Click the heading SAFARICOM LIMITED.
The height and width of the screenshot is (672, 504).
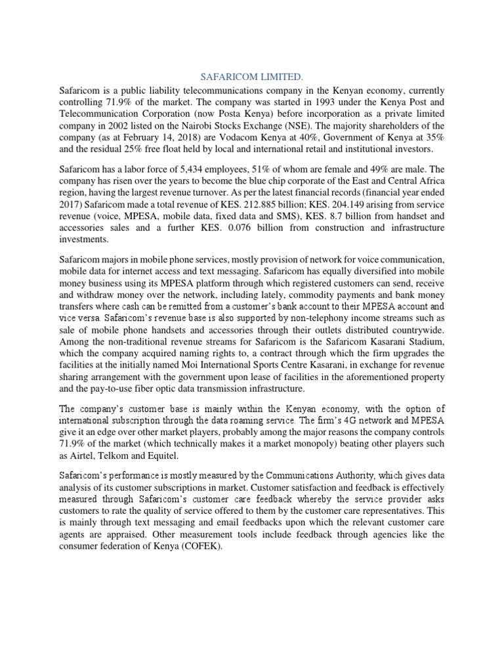251,77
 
